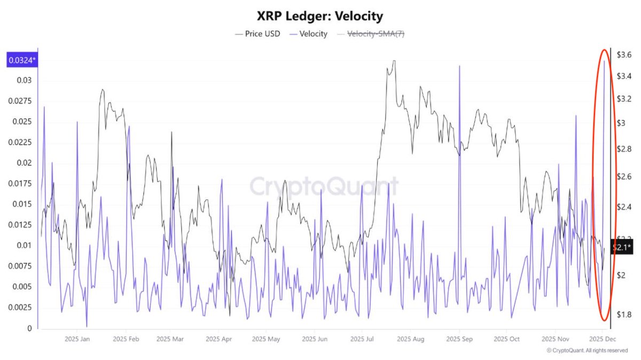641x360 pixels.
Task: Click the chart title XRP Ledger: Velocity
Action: click(320, 17)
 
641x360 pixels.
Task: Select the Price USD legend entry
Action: click(258, 34)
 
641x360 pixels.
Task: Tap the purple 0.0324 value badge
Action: click(21, 60)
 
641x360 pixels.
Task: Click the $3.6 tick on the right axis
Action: click(624, 54)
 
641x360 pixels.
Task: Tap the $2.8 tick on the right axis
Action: click(624, 148)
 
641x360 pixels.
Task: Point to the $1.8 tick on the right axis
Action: click(624, 315)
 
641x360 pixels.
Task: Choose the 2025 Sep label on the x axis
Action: click(459, 339)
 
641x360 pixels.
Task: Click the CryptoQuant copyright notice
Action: click(587, 350)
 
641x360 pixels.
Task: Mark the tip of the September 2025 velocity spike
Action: click(459, 66)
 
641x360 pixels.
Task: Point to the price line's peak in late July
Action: click(394, 61)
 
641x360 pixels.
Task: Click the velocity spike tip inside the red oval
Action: click(604, 61)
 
